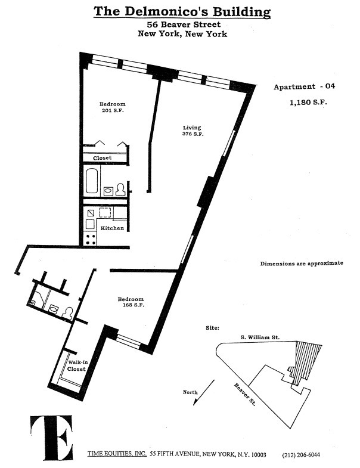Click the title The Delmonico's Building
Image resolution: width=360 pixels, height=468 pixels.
coord(182,12)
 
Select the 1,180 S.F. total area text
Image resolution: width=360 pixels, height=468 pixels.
coord(308,103)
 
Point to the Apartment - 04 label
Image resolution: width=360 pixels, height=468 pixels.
coord(304,86)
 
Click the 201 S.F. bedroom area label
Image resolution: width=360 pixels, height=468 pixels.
coord(113,110)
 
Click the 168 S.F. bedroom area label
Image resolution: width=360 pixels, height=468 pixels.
coord(133,305)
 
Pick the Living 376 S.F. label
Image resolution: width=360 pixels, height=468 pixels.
coord(193,131)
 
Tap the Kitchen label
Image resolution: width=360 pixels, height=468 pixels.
coord(112,228)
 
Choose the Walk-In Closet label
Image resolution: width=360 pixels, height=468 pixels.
coord(77,365)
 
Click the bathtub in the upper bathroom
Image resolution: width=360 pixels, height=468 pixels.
coord(92,181)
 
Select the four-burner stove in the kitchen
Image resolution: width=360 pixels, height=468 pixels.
coord(91,239)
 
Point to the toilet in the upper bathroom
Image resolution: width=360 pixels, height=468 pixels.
coord(120,190)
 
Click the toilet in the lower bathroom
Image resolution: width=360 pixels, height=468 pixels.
coord(67,313)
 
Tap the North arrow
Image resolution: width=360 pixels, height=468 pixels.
coord(204,392)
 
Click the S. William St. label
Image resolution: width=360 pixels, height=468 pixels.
coord(260,337)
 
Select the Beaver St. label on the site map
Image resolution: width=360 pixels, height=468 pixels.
coord(245,395)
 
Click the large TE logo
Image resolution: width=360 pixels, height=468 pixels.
coord(51,438)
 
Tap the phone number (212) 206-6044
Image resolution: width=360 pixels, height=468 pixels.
coord(301,455)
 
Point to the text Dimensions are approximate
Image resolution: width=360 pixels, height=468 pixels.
coord(302,264)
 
